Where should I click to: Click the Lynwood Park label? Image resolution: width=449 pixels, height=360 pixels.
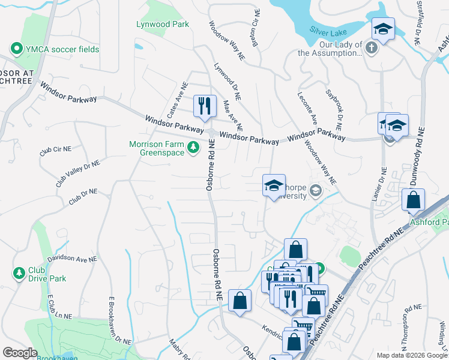162,24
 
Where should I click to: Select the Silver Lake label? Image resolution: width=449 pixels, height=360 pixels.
329,30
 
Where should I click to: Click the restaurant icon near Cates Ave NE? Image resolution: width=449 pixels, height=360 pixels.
205,106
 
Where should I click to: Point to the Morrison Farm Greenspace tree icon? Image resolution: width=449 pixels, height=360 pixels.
193,147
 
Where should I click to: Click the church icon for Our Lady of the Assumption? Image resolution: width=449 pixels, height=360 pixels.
372,48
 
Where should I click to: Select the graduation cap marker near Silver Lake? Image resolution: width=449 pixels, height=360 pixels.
382,28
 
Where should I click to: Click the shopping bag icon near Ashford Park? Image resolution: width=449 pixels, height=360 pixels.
413,200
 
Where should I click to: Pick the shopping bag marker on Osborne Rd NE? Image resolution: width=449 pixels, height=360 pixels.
240,301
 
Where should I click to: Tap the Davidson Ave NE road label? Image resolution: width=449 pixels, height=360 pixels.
72,259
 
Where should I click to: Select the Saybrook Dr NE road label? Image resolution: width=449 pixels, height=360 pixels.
334,110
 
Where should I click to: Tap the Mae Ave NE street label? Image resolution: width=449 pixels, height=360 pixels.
232,116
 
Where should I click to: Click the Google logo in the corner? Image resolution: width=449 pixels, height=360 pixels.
20,353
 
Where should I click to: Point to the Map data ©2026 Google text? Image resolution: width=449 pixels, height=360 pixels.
411,355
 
